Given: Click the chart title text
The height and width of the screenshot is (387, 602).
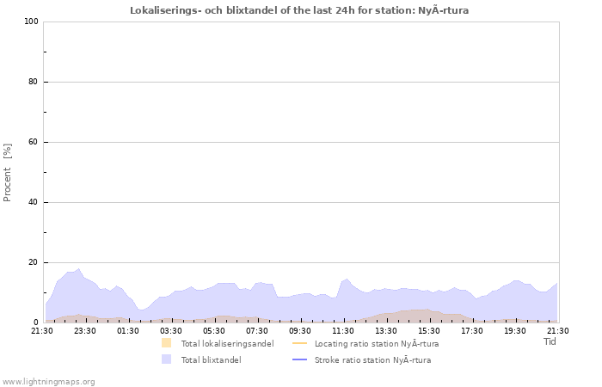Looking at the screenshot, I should (x=300, y=10).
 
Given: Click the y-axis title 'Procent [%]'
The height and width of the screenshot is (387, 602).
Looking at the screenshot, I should (x=8, y=172).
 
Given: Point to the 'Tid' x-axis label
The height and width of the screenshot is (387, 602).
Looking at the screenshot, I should (x=550, y=341).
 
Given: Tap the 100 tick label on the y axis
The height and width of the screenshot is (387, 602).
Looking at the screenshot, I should (x=32, y=21).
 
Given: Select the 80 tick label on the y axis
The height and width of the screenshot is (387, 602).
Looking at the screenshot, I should (x=34, y=82).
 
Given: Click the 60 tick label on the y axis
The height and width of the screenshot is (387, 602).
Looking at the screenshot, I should (x=34, y=142).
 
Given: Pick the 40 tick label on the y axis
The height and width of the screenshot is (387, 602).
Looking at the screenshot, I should (x=34, y=202).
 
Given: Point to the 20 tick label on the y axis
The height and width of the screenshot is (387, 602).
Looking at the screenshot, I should (x=34, y=262).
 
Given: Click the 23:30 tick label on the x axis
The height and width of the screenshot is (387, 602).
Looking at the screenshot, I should (x=85, y=330).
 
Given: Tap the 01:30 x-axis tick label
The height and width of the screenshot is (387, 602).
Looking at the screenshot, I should (x=128, y=330).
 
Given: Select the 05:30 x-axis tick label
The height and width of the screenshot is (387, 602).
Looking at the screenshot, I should (x=214, y=330).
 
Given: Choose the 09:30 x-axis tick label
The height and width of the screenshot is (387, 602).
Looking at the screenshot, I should (x=300, y=330).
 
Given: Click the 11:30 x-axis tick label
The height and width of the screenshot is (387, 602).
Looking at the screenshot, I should (x=343, y=330).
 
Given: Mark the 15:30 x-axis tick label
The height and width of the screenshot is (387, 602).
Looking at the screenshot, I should (x=429, y=330).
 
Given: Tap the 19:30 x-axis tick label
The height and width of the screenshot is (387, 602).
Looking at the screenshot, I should (x=515, y=330).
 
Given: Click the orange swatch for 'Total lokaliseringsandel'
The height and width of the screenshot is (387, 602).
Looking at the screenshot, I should (x=166, y=343).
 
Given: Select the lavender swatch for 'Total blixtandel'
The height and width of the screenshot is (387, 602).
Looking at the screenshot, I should (x=166, y=359).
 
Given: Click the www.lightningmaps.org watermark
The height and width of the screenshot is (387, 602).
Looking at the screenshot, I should (x=48, y=381).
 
